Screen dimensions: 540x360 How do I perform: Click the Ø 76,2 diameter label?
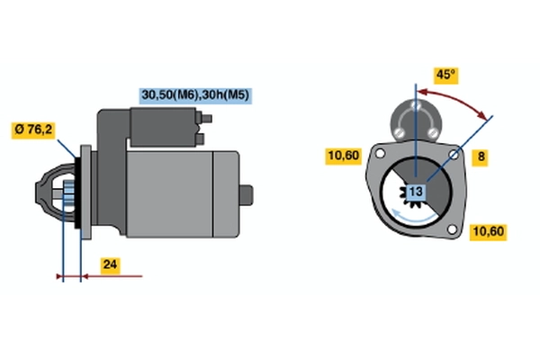point(33,130)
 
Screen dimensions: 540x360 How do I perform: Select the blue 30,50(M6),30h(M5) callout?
point(195,95)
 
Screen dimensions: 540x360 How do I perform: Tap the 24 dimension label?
point(110,265)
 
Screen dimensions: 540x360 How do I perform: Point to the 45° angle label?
point(446,75)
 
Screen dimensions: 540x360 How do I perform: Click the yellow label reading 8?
point(480,157)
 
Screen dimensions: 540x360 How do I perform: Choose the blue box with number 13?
point(417,192)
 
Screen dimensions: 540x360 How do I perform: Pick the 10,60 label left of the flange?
point(344,156)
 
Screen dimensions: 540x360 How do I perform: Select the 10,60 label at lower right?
point(489,231)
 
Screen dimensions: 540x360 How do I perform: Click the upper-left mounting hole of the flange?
point(380,153)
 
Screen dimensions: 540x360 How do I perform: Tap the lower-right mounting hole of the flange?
point(452,229)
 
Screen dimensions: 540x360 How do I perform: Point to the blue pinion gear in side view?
point(69,193)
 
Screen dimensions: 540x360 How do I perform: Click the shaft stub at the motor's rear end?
point(247,195)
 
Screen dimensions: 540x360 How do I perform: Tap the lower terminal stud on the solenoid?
point(200,139)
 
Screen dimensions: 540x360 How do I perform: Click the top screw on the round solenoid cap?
point(416,104)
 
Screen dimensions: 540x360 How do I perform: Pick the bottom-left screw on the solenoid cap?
point(399,132)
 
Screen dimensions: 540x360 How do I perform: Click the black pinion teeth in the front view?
point(407,198)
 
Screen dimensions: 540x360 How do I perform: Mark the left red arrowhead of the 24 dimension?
point(59,276)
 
